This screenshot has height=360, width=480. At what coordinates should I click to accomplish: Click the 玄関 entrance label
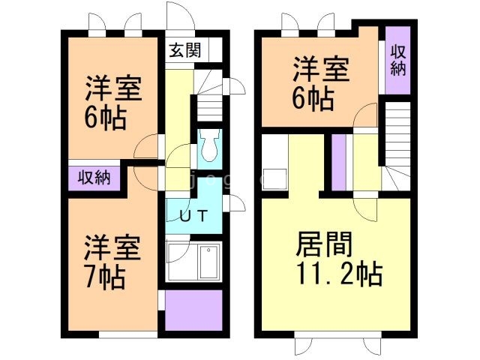coord(184,51)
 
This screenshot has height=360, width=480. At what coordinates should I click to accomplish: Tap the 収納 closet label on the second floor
coord(398,59)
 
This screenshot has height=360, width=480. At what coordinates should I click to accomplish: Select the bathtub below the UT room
coord(193,262)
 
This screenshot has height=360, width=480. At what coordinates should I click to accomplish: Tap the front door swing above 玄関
coord(178,19)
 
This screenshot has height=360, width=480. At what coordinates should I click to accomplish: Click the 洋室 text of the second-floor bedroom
coord(321,71)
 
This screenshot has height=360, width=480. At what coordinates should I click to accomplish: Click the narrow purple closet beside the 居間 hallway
coord(338,162)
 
